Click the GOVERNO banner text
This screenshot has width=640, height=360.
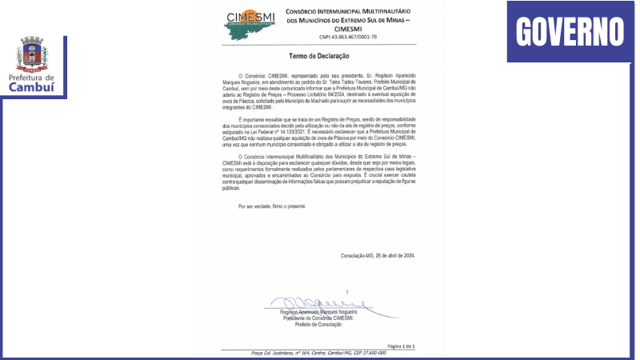point(570,32)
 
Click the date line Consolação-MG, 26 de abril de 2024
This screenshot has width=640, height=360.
point(378,255)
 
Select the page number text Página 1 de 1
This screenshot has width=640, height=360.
point(402,346)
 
